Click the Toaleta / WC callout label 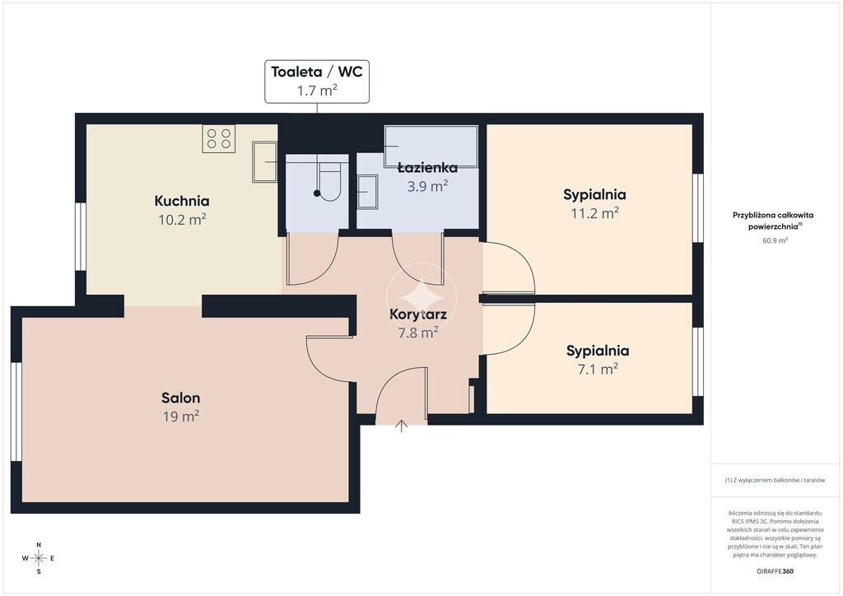pos(317,81)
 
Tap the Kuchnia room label pos(182,201)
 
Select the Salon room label pos(180,398)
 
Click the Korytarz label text pos(418,314)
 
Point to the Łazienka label pos(427,168)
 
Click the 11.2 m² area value pos(594,213)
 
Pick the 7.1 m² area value pos(598,370)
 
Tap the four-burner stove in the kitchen pos(219,138)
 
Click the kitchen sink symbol pos(265,162)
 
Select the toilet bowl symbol pos(329,178)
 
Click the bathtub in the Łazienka pos(431,147)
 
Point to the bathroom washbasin pos(368,191)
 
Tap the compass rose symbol pos(39,558)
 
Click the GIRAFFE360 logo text pos(775,571)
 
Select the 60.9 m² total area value pos(775,240)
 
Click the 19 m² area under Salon pos(180,417)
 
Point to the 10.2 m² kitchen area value pos(182,219)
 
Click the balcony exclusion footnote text pos(775,481)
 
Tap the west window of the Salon pos(16,412)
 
